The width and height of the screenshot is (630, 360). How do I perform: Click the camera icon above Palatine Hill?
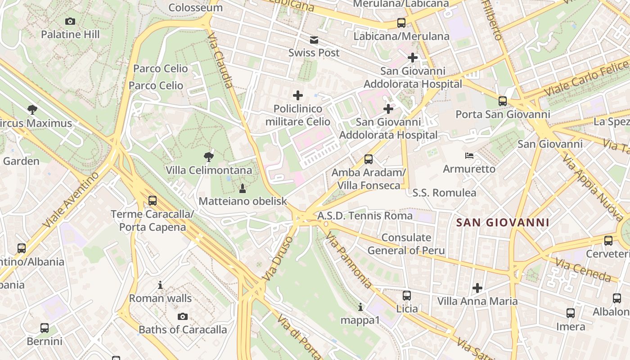70,21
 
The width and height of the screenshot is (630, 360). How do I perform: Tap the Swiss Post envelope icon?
314,40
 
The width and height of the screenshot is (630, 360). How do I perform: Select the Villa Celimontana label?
209,171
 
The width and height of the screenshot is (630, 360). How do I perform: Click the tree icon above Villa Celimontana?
208,157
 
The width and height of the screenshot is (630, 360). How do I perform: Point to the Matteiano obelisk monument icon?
243,188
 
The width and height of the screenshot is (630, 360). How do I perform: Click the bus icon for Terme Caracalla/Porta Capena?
153,201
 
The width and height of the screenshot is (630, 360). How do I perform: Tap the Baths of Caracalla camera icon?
183,316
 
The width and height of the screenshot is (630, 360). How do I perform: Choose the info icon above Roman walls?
160,285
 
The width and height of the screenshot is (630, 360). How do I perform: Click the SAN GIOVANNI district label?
503,222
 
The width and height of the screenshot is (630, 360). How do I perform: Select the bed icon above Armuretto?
469,156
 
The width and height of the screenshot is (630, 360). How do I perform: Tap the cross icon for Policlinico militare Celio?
298,95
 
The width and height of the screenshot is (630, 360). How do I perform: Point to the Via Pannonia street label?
349,260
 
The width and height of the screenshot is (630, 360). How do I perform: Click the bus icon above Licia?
407,296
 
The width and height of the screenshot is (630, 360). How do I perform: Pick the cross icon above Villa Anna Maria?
477,288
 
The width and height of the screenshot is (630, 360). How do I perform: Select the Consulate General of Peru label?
406,244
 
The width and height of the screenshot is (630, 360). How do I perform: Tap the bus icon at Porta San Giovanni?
503,101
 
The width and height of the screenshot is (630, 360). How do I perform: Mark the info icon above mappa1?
360,307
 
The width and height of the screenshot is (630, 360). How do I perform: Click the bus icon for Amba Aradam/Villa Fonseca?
369,159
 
